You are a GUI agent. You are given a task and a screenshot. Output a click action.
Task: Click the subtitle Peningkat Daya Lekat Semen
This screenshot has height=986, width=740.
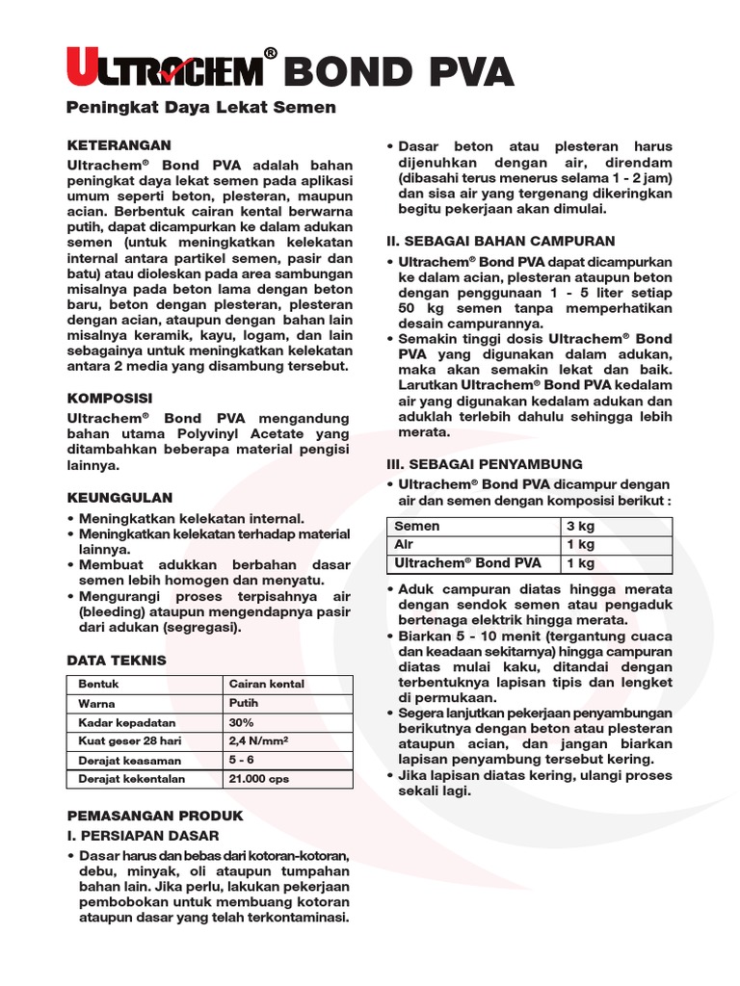tap(201, 108)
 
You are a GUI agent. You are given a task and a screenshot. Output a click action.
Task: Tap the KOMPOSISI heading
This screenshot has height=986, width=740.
tap(109, 398)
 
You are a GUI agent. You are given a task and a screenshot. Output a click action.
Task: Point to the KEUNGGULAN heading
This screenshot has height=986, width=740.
tap(119, 498)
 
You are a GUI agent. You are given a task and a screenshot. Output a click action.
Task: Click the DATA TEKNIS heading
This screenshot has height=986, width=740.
tap(116, 661)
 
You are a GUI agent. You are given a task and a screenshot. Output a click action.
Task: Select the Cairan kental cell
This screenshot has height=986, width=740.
tap(267, 684)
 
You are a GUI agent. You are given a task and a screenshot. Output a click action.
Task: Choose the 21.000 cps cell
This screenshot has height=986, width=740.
tap(258, 778)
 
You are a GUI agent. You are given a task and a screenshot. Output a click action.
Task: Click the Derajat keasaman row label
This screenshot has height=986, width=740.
tap(119, 760)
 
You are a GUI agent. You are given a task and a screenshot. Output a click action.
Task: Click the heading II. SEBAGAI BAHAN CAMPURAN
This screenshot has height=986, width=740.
tap(499, 241)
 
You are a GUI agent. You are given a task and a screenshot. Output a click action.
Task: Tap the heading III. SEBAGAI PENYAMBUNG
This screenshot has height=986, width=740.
tap(484, 464)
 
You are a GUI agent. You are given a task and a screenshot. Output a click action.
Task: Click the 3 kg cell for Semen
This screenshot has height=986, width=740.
tap(581, 527)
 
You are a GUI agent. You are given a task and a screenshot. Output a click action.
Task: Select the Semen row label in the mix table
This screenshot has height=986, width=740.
tap(417, 527)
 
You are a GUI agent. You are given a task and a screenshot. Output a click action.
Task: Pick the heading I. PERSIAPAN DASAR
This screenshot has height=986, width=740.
tap(142, 835)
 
